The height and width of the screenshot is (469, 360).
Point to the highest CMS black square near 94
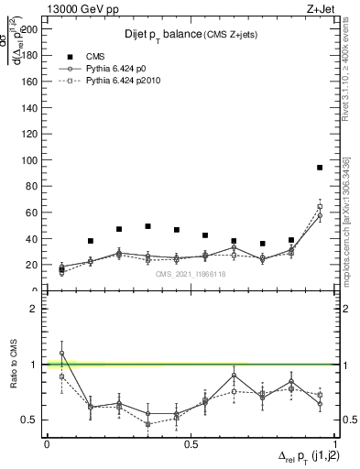click(x=320, y=168)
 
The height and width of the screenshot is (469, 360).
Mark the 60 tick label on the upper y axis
click(x=32, y=213)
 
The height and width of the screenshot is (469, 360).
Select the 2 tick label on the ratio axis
click(x=34, y=309)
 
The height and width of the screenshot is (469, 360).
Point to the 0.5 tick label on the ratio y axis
click(x=29, y=420)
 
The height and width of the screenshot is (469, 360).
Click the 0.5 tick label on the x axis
click(x=191, y=442)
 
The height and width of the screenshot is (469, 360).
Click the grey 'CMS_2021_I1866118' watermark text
click(x=191, y=274)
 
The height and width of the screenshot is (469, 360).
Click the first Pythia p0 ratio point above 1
click(x=61, y=353)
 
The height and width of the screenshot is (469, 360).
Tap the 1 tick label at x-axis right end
click(x=334, y=442)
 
